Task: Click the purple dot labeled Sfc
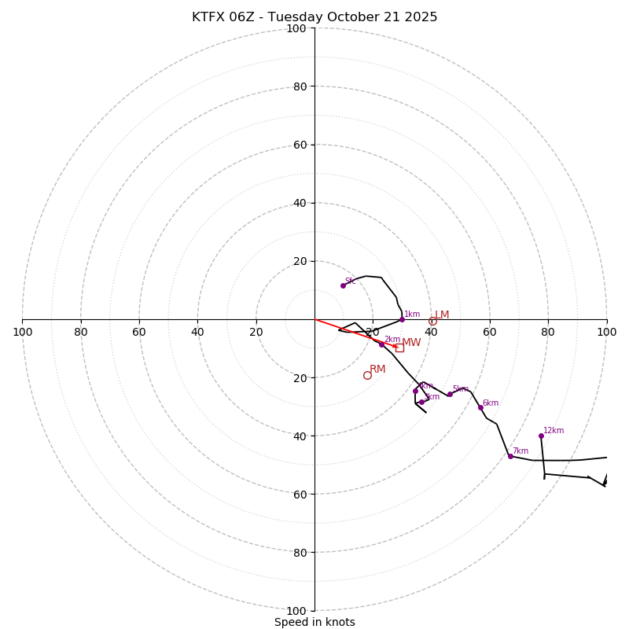coord(343,285)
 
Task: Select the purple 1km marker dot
coord(402,319)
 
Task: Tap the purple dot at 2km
coord(381,344)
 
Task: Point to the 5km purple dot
coord(450,394)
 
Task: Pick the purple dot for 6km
coord(480,407)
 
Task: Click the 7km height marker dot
coord(510,456)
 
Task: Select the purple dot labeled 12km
coord(541,436)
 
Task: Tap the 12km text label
coord(554,431)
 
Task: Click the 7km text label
coord(520,451)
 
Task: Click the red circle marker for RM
coord(367,375)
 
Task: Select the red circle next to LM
coord(432,321)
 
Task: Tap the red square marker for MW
coord(399,348)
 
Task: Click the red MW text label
coord(411,343)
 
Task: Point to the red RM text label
coord(377,370)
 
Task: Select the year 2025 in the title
coord(421,17)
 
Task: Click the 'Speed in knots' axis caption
coord(314,622)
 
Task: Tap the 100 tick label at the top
coord(296,28)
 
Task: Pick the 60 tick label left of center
coord(139,332)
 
